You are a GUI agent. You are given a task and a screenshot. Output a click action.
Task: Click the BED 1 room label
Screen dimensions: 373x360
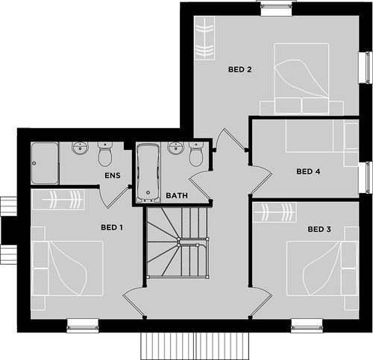[112, 227]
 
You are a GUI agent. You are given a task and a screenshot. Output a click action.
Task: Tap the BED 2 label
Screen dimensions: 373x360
[240, 69]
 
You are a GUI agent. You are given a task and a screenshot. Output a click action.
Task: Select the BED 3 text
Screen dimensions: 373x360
[319, 229]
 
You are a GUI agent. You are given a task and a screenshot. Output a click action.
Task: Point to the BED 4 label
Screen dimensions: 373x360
[308, 171]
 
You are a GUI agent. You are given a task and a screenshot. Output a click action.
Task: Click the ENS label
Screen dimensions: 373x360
[113, 175]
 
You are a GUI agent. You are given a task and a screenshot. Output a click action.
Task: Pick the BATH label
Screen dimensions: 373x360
[177, 195]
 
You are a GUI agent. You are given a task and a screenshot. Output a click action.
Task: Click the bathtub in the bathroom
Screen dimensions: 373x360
[148, 173]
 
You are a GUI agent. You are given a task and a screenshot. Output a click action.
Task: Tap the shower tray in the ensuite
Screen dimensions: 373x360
[45, 163]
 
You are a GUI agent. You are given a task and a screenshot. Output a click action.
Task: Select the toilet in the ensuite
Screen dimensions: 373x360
[105, 154]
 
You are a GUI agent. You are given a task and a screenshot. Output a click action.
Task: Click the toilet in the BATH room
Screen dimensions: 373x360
[196, 154]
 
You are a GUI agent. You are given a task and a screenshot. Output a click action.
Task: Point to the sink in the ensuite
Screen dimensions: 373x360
[80, 148]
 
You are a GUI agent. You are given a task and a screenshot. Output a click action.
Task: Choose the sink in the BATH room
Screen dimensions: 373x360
[176, 148]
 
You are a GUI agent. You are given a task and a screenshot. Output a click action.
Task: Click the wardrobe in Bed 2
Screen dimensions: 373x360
[204, 38]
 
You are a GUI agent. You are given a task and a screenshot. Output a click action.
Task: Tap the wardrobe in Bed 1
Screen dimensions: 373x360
[59, 200]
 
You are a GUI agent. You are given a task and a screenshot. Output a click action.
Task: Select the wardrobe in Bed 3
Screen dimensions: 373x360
[275, 212]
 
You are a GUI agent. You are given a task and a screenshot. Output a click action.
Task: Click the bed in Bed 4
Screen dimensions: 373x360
[310, 136]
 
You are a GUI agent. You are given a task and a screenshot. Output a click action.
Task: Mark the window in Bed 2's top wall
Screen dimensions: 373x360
[276, 7]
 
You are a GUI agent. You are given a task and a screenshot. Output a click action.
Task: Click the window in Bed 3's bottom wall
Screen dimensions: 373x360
[307, 326]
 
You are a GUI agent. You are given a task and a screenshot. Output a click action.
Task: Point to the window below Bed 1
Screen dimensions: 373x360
[83, 326]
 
